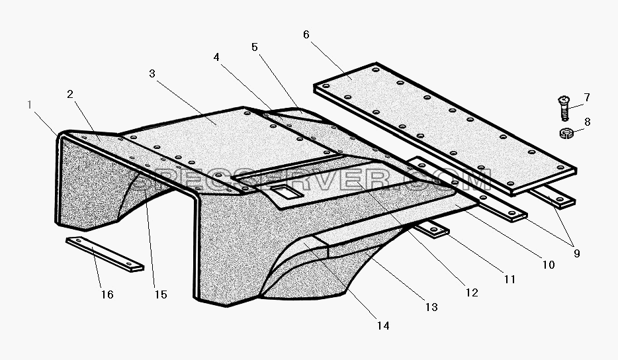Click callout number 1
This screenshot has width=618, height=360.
coord(30,105)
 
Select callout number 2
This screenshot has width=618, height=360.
coord(70,94)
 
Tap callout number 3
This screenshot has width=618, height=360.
coord(152,73)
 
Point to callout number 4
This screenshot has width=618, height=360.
coord(216,57)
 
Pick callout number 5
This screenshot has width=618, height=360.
coord(255,48)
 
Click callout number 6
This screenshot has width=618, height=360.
coord(306,34)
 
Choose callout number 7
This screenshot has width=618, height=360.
coord(587,97)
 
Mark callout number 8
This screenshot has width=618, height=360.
coord(588,122)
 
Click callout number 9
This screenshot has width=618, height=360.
coord(576,253)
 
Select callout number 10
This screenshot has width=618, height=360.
coord(549,265)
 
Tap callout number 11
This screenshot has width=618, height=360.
coord(509,279)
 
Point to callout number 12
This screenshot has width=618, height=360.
coord(472,292)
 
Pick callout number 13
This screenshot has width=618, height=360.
coord(431,307)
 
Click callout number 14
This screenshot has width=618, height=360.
coord(383,326)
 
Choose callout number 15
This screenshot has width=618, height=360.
coord(161,294)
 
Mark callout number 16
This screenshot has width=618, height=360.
coord(107,294)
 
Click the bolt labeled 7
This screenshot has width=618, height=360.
coord(564,108)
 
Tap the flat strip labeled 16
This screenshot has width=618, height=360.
coord(105,254)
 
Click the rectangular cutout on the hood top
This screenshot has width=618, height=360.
coord(285,192)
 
